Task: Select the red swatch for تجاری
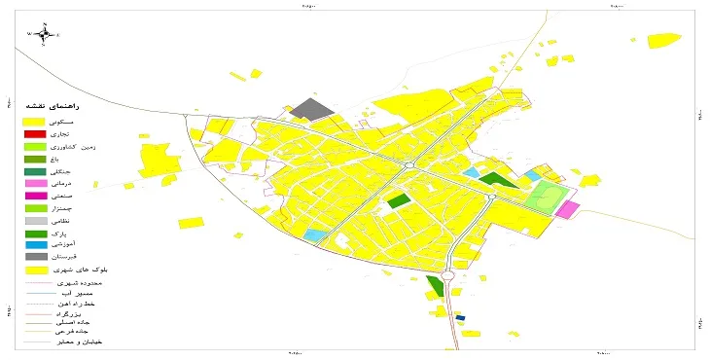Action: (x=35, y=132)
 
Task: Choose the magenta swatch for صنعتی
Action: (x=35, y=196)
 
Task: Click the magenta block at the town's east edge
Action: (x=567, y=208)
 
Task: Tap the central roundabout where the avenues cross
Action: (x=409, y=166)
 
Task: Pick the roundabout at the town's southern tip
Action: (x=448, y=274)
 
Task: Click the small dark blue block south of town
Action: (x=461, y=316)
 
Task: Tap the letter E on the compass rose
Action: (x=58, y=34)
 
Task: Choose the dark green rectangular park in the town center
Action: (x=398, y=200)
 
